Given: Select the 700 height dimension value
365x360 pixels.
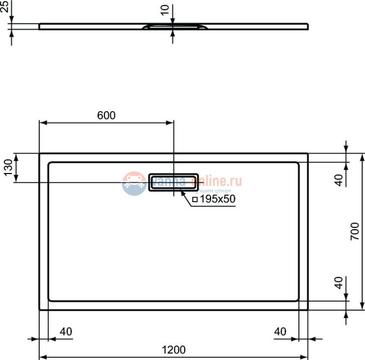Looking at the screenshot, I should [x=354, y=231].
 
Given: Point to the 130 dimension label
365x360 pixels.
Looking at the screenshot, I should [x=8, y=167].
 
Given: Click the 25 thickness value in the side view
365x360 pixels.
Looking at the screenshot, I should [x=4, y=7].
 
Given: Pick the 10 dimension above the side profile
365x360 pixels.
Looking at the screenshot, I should [x=164, y=10].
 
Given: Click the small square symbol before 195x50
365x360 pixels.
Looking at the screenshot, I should [x=195, y=199].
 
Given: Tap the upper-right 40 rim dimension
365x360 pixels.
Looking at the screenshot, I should [x=338, y=180].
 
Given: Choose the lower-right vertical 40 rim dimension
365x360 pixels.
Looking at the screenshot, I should [x=338, y=283].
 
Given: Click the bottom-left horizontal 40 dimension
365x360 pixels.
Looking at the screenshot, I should [x=66, y=331].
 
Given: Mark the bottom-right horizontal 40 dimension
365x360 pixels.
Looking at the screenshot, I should [x=281, y=331].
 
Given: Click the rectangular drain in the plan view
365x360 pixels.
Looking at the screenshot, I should [x=173, y=182].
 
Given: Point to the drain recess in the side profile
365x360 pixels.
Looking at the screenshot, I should [x=173, y=26].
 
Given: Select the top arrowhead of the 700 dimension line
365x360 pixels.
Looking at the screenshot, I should [x=361, y=157].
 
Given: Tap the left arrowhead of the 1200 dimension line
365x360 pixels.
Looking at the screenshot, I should [x=43, y=357].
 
